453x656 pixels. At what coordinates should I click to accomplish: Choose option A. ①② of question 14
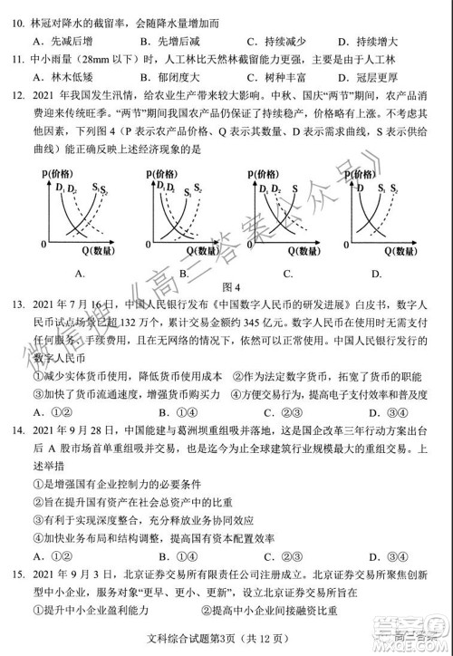coord(53,555)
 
